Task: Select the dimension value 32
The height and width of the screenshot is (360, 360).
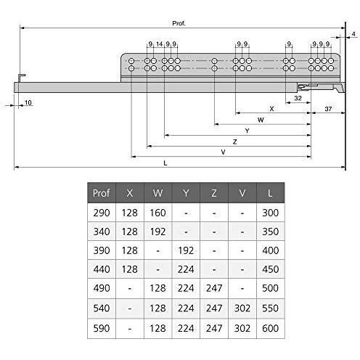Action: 298,97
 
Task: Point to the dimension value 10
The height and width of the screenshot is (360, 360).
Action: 28,103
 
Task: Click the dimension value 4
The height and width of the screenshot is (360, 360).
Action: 353,34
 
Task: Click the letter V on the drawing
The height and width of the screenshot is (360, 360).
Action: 223,152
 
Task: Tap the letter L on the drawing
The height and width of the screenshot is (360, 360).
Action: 165,163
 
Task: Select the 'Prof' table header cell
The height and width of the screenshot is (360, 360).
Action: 101,194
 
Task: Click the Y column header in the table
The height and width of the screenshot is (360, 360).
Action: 186,194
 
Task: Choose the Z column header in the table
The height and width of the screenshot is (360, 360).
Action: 214,194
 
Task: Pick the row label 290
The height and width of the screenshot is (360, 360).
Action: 101,213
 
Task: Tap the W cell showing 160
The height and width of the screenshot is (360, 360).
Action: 157,213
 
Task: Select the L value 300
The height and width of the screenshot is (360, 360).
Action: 271,213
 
